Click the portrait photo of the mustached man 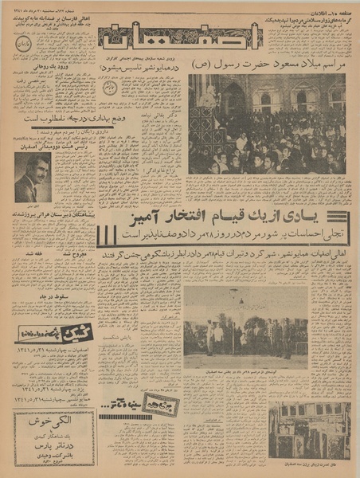tap(33, 178)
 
